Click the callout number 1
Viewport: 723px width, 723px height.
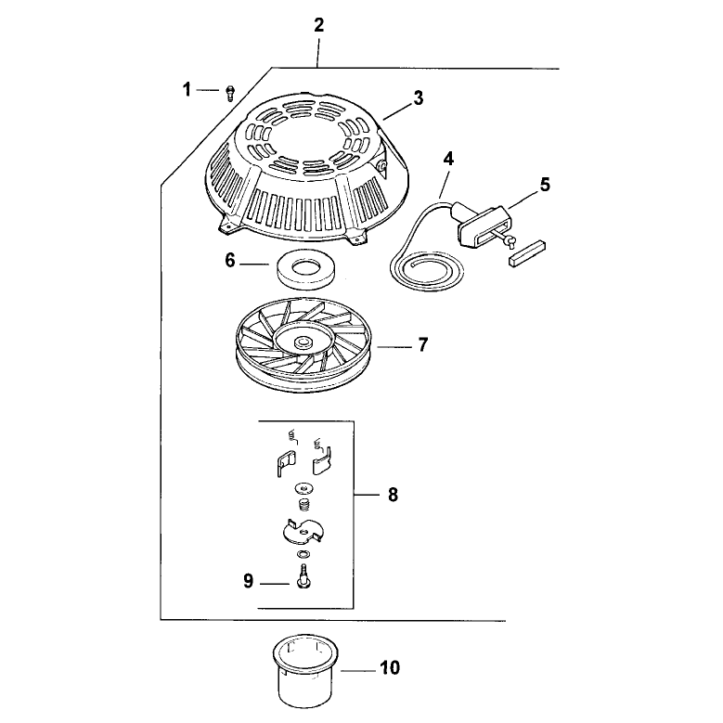pos(187,89)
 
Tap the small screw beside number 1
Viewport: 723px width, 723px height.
pos(229,94)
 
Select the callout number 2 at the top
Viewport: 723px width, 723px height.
pos(319,25)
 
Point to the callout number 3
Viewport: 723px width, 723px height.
pos(418,98)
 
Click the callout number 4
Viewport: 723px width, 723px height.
pos(448,160)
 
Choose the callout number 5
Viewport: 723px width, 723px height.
pos(545,185)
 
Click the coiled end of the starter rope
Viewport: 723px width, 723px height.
pos(427,272)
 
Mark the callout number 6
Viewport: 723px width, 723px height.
pos(230,261)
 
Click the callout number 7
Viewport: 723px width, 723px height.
pos(423,344)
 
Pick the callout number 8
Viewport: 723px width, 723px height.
pos(393,495)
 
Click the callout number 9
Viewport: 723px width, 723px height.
pos(249,581)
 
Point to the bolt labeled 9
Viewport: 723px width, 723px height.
pos(303,576)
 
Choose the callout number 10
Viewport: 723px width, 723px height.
pos(390,667)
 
